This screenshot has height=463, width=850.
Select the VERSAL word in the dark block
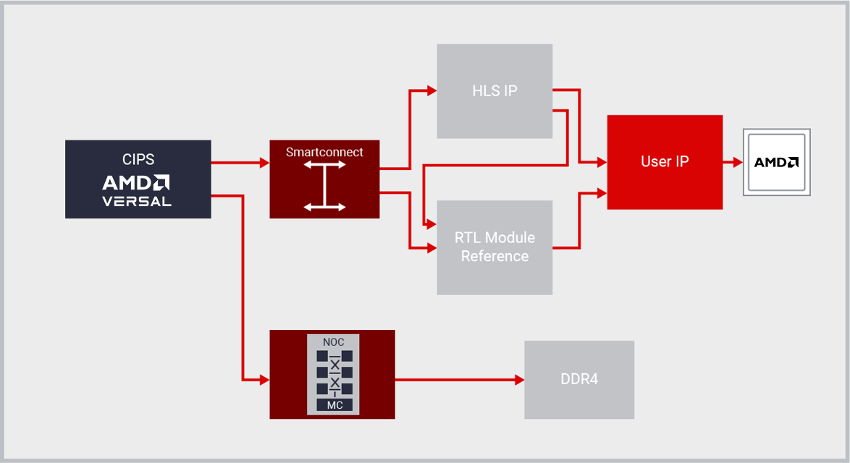137,202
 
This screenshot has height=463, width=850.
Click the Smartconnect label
324,152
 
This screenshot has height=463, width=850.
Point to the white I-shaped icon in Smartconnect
324,186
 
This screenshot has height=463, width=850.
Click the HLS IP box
495,91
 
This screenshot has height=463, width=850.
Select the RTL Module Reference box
495,247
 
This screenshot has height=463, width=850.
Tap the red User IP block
665,162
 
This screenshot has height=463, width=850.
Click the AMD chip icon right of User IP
776,162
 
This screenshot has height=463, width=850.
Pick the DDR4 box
579,380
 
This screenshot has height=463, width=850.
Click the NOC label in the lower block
334,341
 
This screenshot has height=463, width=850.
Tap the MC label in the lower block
334,405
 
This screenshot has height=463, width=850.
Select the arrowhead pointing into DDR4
518,380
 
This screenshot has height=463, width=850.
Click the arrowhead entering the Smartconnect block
264,163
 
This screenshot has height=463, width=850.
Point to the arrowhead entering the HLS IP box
432,90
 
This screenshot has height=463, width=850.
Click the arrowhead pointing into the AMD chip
738,162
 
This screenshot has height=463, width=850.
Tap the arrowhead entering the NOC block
264,380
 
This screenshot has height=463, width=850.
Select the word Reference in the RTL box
495,256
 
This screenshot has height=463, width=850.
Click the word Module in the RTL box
510,238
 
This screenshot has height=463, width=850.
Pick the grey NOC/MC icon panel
333,374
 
